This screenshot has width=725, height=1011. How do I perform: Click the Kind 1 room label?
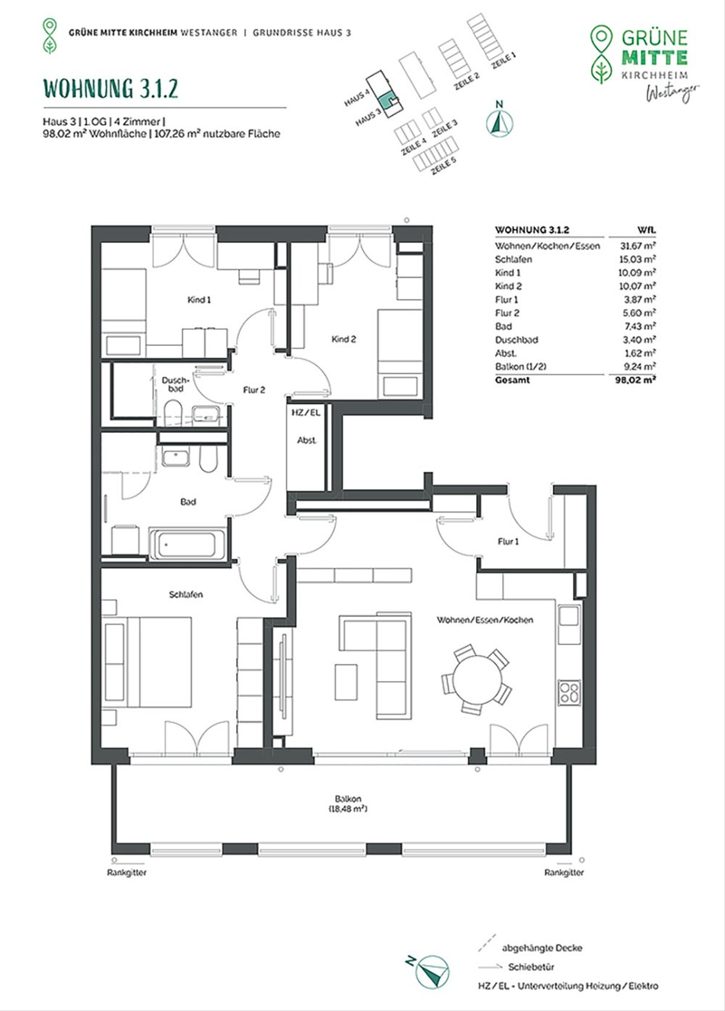[x=199, y=300]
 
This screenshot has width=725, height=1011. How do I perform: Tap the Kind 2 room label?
[x=344, y=339]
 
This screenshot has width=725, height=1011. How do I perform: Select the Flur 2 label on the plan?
[x=254, y=390]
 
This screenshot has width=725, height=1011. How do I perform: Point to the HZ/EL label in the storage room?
[x=306, y=412]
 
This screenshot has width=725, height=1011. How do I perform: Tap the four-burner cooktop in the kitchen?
[x=569, y=693]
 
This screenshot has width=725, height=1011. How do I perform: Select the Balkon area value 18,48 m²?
[x=347, y=809]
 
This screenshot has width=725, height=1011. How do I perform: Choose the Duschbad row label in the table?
[x=517, y=340]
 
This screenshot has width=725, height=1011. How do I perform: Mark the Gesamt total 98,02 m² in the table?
[x=635, y=380]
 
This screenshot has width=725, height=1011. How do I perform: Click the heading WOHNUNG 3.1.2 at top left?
[x=111, y=88]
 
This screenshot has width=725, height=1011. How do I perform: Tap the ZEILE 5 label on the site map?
[x=443, y=166]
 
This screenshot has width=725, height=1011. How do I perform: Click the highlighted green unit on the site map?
[x=387, y=100]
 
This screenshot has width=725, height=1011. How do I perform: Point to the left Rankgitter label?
[x=127, y=873]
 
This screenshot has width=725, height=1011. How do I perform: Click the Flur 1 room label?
[x=508, y=542]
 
